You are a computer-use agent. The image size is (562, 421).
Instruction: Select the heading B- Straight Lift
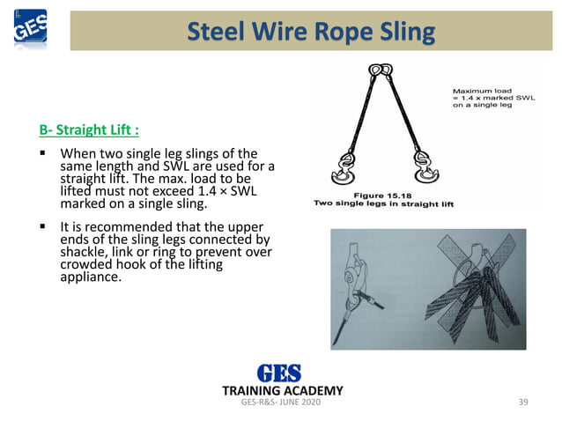click(x=89, y=132)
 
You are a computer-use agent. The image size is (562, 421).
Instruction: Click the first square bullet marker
click(x=42, y=155)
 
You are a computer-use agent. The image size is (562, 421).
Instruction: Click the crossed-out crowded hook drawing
click(x=472, y=286)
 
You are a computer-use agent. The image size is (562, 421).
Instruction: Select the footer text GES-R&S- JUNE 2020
click(x=281, y=403)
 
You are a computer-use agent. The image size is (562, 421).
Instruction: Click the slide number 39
click(x=523, y=403)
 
